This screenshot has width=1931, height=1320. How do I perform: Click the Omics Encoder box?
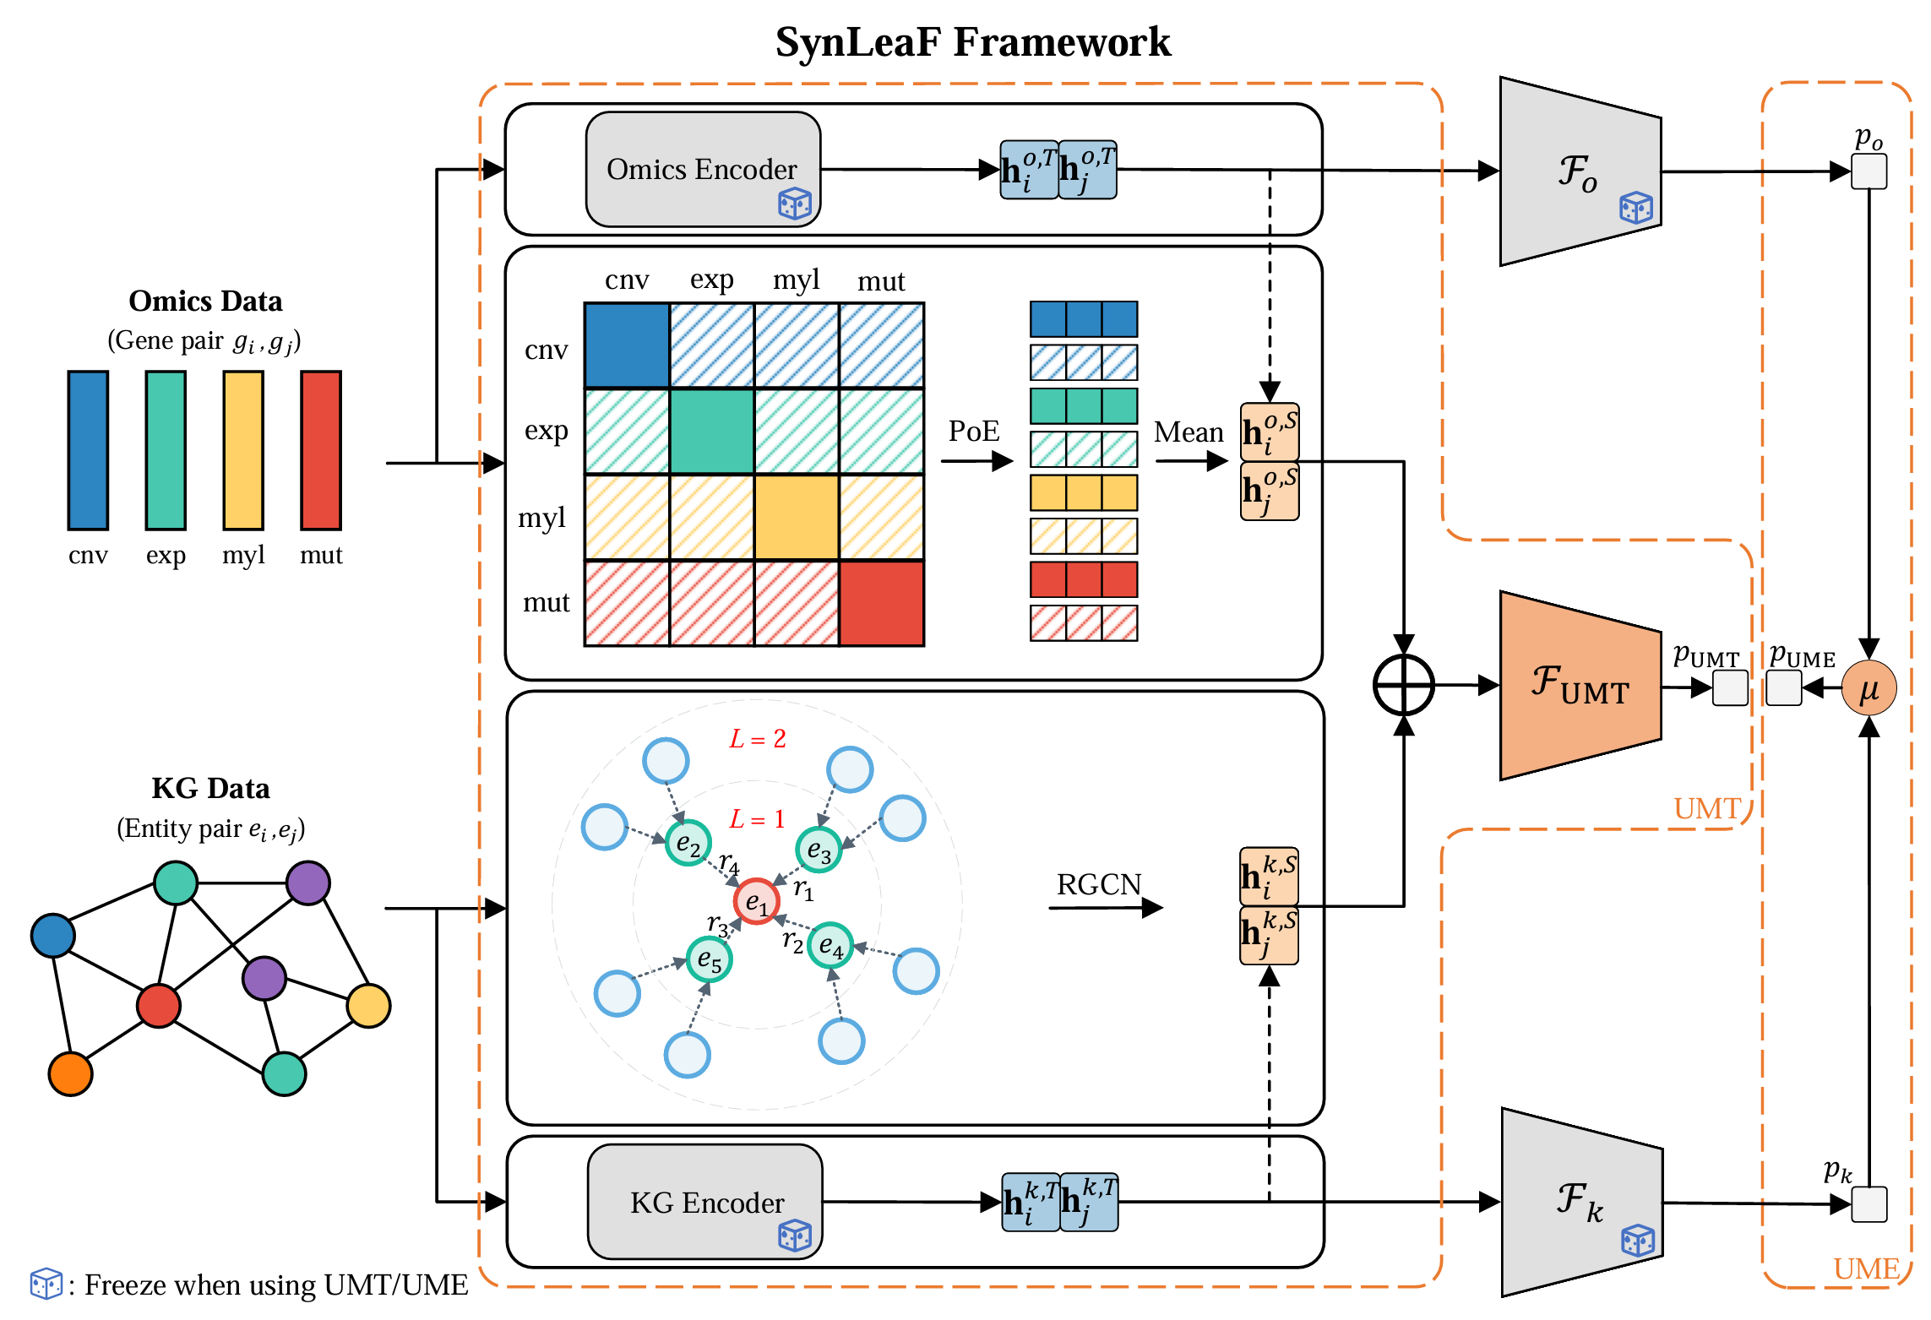tap(702, 169)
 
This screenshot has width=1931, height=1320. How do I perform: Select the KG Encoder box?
tap(705, 1201)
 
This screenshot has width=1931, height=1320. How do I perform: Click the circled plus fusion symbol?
tap(1403, 685)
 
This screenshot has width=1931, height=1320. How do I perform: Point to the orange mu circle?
tap(1868, 688)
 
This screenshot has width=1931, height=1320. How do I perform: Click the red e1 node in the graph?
tap(756, 902)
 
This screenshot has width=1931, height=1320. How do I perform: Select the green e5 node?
tap(709, 959)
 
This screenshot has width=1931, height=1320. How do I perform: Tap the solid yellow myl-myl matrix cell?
tap(797, 517)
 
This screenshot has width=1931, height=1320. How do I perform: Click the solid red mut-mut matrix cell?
tap(881, 603)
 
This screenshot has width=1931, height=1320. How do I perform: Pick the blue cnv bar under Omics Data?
tap(88, 450)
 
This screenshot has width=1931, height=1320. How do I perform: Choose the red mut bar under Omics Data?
tap(321, 450)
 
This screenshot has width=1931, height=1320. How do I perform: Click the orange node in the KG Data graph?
tap(70, 1073)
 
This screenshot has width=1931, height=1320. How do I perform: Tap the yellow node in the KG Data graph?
tap(368, 1005)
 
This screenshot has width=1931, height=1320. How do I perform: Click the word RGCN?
tap(1098, 884)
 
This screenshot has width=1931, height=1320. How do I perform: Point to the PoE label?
tap(973, 432)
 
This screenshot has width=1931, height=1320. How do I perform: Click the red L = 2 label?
tap(758, 739)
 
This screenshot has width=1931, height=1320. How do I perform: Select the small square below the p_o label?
tap(1868, 172)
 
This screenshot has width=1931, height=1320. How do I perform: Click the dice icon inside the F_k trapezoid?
tap(1637, 1241)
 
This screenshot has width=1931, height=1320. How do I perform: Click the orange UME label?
tap(1865, 1268)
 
